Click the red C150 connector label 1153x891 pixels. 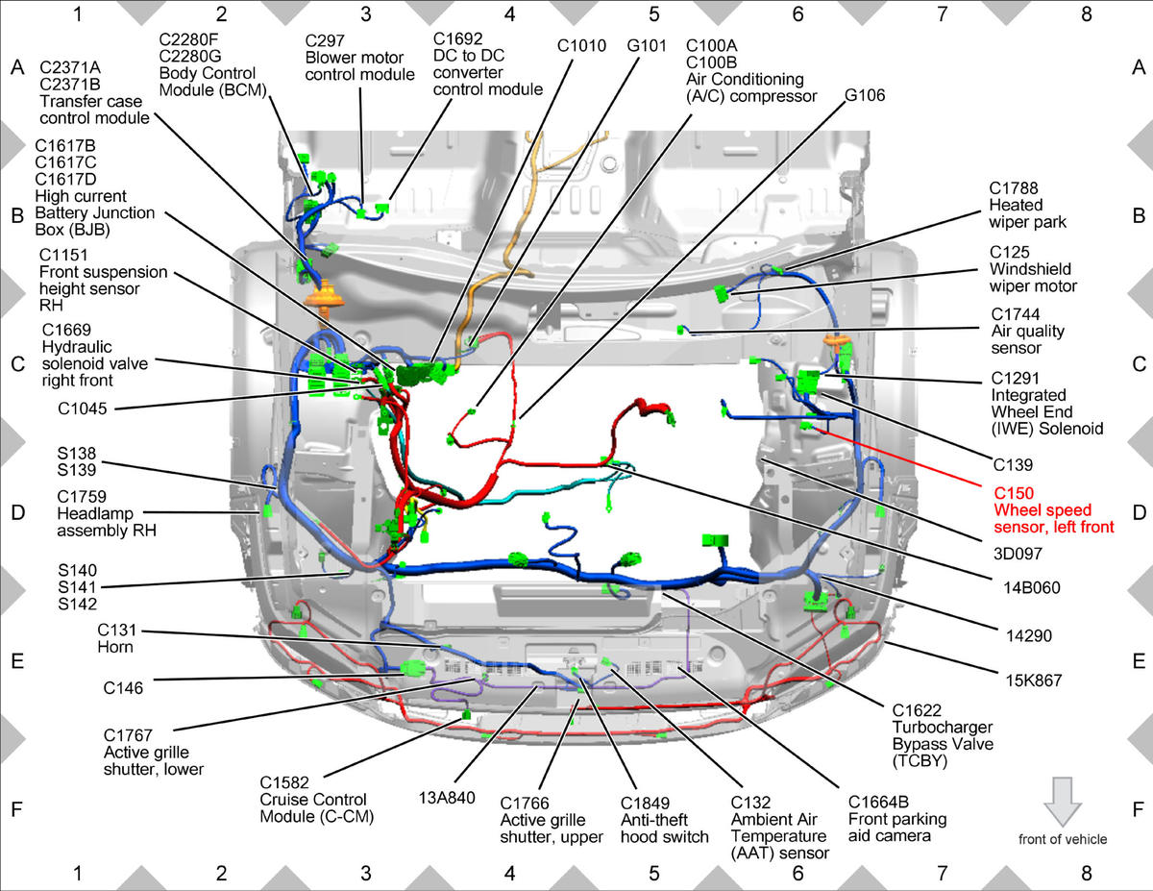[1014, 493]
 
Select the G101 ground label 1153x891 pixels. [647, 45]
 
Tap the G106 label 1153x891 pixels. [865, 95]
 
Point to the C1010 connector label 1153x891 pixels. [581, 45]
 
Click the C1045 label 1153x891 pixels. [83, 408]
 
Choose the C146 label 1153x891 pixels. [123, 688]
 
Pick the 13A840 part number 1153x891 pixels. [447, 798]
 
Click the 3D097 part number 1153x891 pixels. [1018, 554]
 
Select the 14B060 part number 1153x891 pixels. [1032, 587]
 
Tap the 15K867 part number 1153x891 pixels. [1034, 680]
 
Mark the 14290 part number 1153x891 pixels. [1029, 635]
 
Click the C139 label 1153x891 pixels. [1013, 465]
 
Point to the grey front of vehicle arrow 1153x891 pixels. [1063, 802]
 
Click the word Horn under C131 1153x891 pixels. [115, 647]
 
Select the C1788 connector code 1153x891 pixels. [1014, 187]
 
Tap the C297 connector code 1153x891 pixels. [325, 40]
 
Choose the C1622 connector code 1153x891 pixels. [917, 710]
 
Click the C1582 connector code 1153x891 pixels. [284, 782]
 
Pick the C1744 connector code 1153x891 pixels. [1016, 314]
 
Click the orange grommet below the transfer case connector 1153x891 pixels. [324, 296]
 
